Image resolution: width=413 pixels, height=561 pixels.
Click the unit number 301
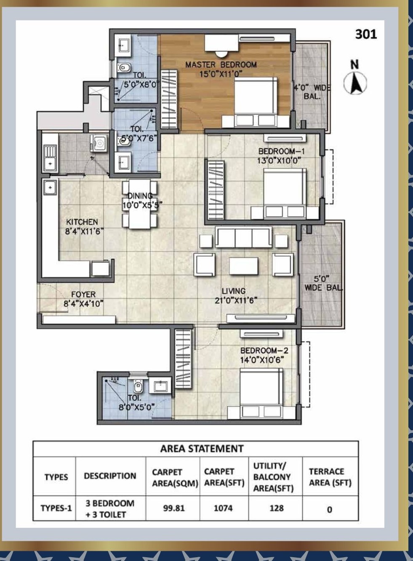pyautogui.click(x=366, y=34)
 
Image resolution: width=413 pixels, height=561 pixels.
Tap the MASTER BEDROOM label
pyautogui.click(x=221, y=65)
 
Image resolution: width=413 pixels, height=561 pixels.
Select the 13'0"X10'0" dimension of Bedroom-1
pyautogui.click(x=279, y=161)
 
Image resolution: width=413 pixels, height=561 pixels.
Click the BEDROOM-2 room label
pyautogui.click(x=264, y=350)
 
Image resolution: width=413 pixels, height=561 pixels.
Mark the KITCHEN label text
pyautogui.click(x=82, y=222)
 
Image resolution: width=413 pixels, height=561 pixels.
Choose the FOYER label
pyautogui.click(x=83, y=295)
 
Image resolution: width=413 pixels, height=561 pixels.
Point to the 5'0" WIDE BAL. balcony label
pyautogui.click(x=323, y=283)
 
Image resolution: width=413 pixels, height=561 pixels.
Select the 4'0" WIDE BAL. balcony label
pyautogui.click(x=312, y=92)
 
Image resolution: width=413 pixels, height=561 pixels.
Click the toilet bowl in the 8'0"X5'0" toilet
pyautogui.click(x=138, y=387)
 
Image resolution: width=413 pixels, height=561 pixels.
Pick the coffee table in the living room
pyautogui.click(x=243, y=266)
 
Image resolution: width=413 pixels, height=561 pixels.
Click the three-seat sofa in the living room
pyautogui.click(x=243, y=237)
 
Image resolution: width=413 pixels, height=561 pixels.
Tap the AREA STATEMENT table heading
pyautogui.click(x=202, y=448)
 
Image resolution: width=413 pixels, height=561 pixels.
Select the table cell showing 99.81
pyautogui.click(x=173, y=508)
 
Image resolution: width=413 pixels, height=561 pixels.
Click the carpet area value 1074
pyautogui.click(x=223, y=508)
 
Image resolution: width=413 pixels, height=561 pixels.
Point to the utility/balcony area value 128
pyautogui.click(x=277, y=508)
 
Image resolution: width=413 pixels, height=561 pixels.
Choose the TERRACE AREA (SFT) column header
pyautogui.click(x=330, y=477)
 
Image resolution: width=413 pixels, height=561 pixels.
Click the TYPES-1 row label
pyautogui.click(x=56, y=508)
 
